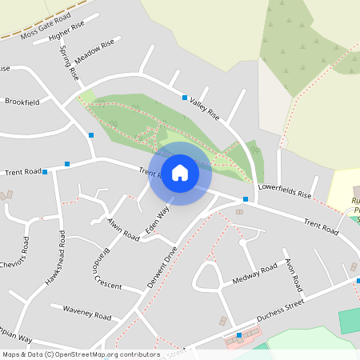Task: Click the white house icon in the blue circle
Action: coord(180,173)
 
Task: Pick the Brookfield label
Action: coord(22,102)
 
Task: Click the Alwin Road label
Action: coord(123,228)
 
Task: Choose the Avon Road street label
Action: coord(293,274)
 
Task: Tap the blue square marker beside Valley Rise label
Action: coord(185,98)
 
